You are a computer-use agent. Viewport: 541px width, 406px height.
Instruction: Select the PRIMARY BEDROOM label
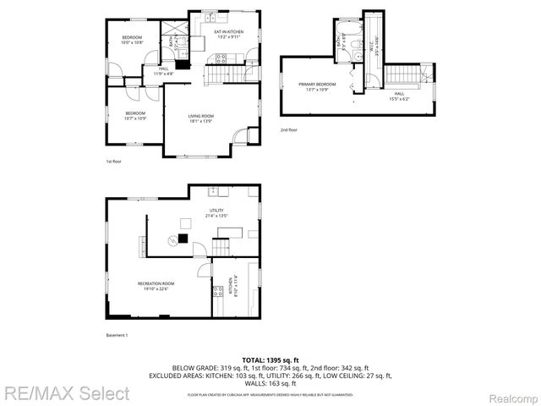point(316,86)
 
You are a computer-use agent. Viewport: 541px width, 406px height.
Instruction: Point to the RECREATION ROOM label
point(156,285)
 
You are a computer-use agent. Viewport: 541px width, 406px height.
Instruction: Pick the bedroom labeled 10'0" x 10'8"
point(131,39)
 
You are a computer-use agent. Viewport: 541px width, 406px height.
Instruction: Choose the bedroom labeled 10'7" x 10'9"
point(135,115)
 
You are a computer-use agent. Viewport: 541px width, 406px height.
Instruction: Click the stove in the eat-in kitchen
point(222,58)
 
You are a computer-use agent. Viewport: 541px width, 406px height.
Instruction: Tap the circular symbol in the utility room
point(188,222)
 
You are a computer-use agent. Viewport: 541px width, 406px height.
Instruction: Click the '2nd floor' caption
point(288,129)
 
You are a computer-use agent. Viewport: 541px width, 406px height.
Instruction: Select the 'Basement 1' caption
point(117,336)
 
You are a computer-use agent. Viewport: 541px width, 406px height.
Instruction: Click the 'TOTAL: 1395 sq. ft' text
point(270,360)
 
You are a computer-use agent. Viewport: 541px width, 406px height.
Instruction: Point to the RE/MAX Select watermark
point(66,393)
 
